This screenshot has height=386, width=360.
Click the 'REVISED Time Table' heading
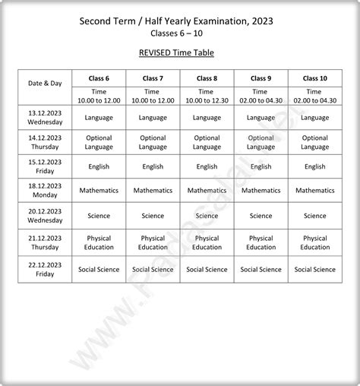click(x=180, y=52)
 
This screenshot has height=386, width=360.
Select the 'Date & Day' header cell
click(x=45, y=83)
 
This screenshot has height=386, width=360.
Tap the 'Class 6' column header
click(x=99, y=78)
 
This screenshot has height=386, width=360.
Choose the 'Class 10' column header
click(x=314, y=78)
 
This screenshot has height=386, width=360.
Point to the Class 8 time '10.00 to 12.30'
click(x=207, y=100)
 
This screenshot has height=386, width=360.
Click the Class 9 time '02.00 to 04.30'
click(x=261, y=100)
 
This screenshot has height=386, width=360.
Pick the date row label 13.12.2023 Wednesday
click(x=45, y=118)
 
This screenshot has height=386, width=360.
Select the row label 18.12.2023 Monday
click(x=45, y=191)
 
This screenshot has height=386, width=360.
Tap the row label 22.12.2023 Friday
click(x=45, y=269)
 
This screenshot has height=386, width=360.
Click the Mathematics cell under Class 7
click(x=153, y=191)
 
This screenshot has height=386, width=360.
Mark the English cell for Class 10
click(x=314, y=166)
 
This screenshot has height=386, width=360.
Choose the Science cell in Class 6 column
click(x=99, y=216)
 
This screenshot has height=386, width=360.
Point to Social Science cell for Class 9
click(x=261, y=269)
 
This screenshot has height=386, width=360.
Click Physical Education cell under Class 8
click(x=207, y=242)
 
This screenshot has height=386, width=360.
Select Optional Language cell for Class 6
click(x=99, y=142)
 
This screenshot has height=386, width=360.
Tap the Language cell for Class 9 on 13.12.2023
click(x=261, y=118)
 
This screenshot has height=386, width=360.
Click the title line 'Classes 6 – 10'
click(x=180, y=33)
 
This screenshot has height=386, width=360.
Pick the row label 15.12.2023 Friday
click(x=45, y=166)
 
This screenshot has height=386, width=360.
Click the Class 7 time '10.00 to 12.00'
click(x=153, y=100)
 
